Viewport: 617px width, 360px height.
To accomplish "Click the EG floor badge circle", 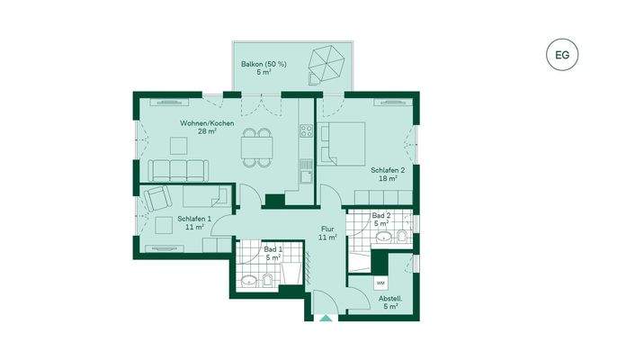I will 562,55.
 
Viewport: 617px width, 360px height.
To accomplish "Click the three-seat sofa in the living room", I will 179,168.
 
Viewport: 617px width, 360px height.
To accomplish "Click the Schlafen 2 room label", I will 388,175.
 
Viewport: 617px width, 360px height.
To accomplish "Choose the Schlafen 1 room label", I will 193,223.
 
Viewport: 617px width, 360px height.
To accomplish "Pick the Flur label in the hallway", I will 327,234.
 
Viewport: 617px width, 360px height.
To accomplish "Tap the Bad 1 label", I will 273,253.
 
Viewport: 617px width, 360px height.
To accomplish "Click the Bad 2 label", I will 381,220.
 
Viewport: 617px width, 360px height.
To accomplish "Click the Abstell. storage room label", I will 389,301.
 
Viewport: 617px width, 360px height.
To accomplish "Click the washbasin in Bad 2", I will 385,238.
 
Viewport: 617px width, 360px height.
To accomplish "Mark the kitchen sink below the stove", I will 306,176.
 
